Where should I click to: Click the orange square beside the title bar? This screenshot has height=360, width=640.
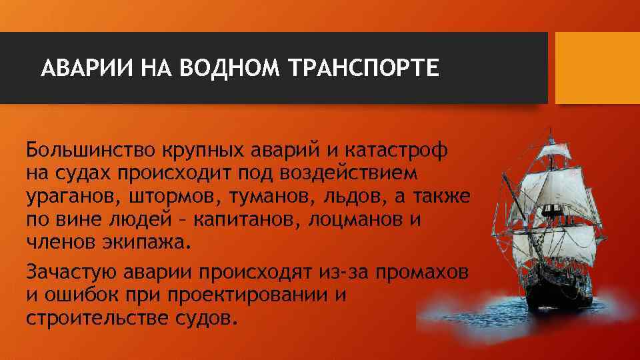(x=597, y=68)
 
